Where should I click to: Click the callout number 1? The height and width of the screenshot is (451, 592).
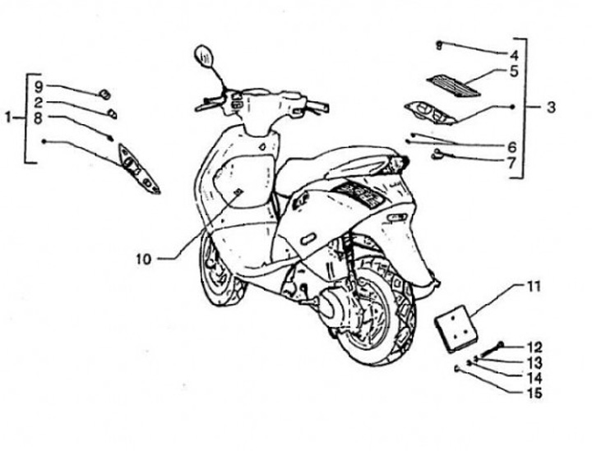(x=8, y=117)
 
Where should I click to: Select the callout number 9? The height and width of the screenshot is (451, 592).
(x=39, y=85)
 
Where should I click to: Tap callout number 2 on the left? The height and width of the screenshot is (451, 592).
(x=39, y=103)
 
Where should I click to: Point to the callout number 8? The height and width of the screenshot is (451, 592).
(x=39, y=118)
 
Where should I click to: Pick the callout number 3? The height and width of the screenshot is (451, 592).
(x=551, y=107)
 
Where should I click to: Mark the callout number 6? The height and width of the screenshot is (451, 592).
(x=511, y=146)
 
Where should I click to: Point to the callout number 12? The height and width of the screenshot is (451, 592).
(x=534, y=346)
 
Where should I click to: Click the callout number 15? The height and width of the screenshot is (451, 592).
(x=534, y=391)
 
